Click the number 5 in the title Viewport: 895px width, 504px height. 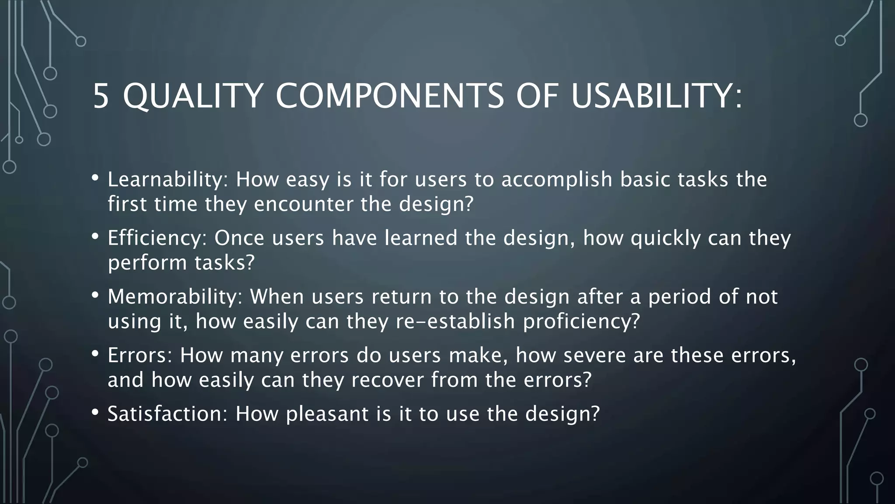(x=101, y=96)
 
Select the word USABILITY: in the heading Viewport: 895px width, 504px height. (x=656, y=96)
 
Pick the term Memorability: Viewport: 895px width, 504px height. (x=175, y=297)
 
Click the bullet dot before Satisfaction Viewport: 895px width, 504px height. (x=95, y=412)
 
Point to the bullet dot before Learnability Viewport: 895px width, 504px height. (x=95, y=178)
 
